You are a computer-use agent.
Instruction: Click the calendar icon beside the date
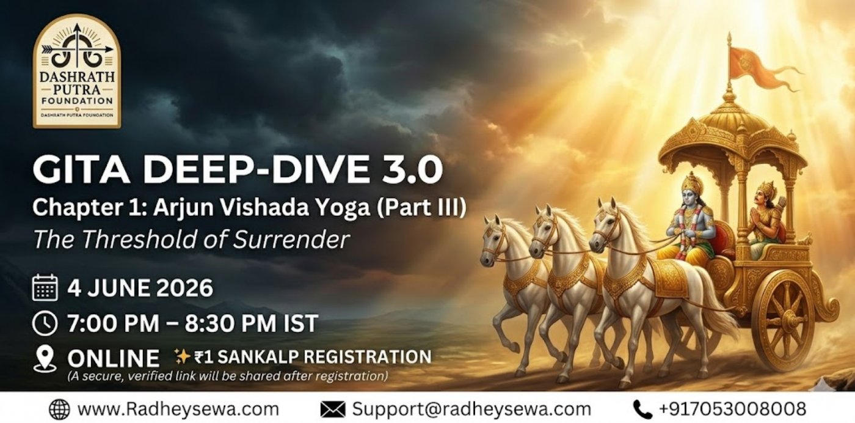pyautogui.click(x=45, y=288)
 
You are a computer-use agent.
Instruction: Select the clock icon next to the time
pyautogui.click(x=45, y=323)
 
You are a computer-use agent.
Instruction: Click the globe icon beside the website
pyautogui.click(x=60, y=409)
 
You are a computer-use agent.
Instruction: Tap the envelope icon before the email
pyautogui.click(x=333, y=409)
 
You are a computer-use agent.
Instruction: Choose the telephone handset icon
pyautogui.click(x=642, y=409)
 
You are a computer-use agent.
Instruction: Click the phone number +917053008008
pyautogui.click(x=732, y=409)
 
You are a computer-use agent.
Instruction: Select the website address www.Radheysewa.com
pyautogui.click(x=178, y=409)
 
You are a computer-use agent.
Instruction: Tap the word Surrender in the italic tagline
pyautogui.click(x=291, y=240)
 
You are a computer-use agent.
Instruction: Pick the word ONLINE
pyautogui.click(x=114, y=358)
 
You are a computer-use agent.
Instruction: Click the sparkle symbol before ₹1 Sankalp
pyautogui.click(x=182, y=357)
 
